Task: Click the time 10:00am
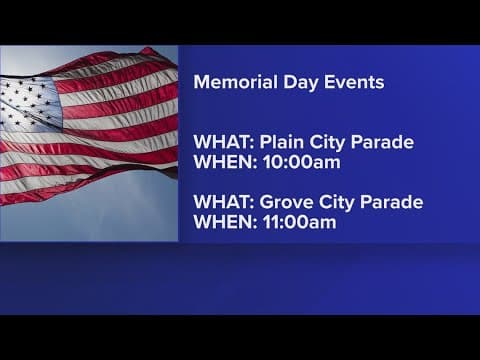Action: pyautogui.click(x=295, y=162)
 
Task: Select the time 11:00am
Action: pyautogui.click(x=295, y=222)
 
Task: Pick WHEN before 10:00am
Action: pyautogui.click(x=221, y=162)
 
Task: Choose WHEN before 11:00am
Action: pyautogui.click(x=221, y=222)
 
